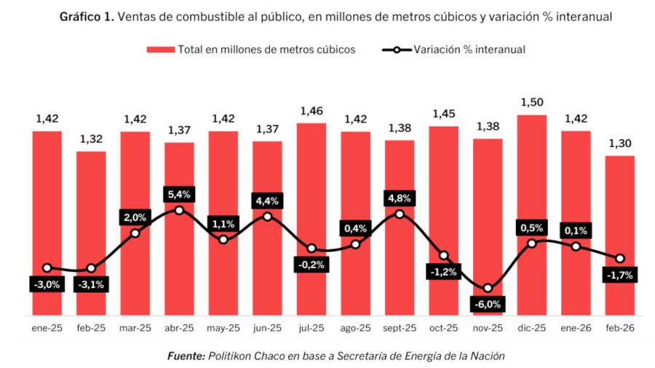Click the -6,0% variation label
(488, 304)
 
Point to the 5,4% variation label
(179, 195)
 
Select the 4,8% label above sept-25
(400, 198)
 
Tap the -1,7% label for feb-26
(620, 275)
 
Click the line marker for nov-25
(488, 288)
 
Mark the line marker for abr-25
(179, 210)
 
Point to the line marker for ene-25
(47, 268)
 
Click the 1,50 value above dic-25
(531, 102)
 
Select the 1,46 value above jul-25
(311, 111)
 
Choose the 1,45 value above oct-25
(444, 114)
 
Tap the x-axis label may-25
(223, 329)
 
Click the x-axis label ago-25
(355, 329)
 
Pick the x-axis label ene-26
(576, 329)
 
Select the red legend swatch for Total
(161, 50)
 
